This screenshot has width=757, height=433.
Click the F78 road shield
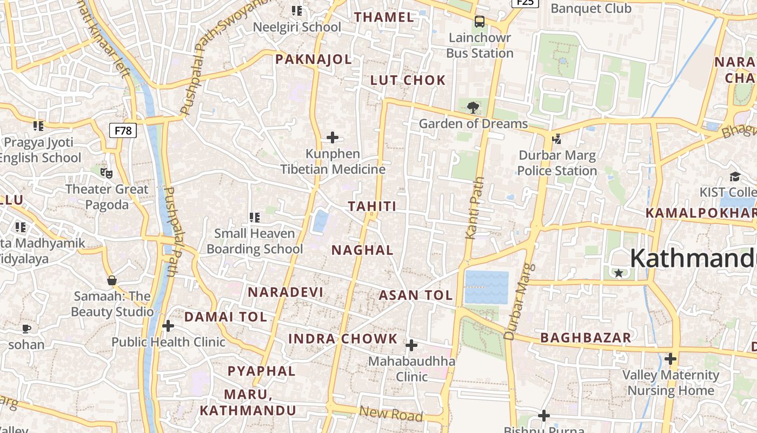click(123, 130)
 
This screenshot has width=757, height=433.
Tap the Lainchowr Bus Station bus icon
click(480, 22)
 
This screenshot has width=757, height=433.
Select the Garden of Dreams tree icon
click(473, 107)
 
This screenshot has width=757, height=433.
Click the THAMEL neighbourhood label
click(384, 17)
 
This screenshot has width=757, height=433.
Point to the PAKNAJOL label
click(314, 60)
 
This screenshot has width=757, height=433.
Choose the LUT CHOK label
click(408, 81)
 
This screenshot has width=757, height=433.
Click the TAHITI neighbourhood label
click(372, 206)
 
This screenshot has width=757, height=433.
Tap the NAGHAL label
click(362, 250)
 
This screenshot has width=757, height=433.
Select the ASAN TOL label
click(415, 296)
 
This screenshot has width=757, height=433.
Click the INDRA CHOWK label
click(343, 339)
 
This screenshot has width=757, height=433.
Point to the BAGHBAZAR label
click(586, 338)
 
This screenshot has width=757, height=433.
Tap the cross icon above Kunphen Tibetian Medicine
click(333, 137)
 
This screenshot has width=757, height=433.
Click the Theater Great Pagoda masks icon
click(107, 173)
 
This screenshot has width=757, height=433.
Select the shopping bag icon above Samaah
click(112, 280)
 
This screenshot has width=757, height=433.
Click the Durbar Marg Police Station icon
click(556, 139)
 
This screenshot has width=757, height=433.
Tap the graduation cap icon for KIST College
click(735, 176)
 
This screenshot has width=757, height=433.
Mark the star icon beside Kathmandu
click(619, 273)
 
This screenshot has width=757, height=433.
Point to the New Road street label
click(391, 414)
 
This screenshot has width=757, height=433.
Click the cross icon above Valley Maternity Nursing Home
click(670, 359)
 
